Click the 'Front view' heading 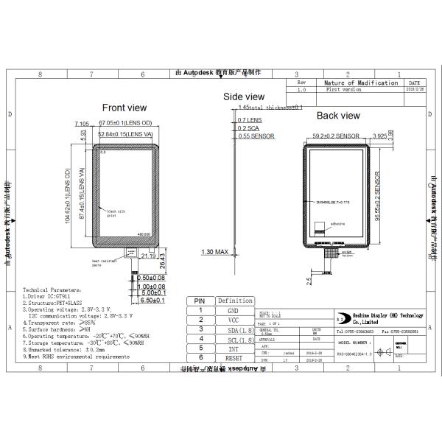point(124,108)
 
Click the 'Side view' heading point(244,97)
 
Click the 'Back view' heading point(338,116)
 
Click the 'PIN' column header point(199,301)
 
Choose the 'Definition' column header point(235,301)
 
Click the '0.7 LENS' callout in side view point(250,119)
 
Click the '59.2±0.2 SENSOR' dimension point(336,136)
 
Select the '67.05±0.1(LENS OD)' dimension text point(124,123)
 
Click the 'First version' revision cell point(343,90)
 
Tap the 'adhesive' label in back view point(337,222)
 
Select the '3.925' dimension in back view point(380,136)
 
